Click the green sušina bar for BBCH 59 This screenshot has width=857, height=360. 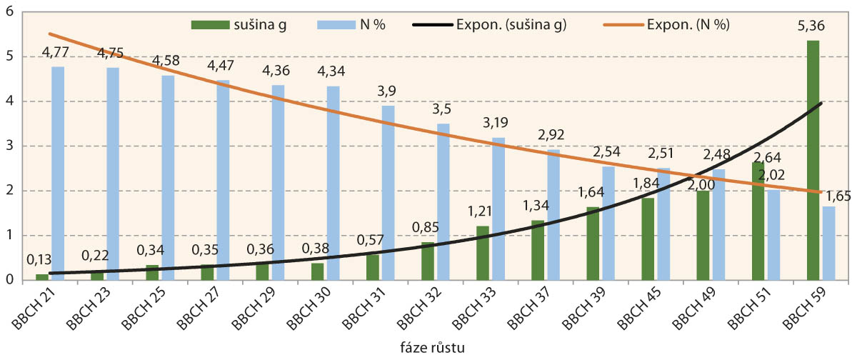[x=813, y=160]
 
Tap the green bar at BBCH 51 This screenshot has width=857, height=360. [x=758, y=221]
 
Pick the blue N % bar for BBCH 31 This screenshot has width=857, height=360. [x=388, y=193]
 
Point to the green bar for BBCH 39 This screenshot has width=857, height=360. [x=593, y=244]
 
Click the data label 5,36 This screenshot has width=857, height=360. [x=813, y=30]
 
